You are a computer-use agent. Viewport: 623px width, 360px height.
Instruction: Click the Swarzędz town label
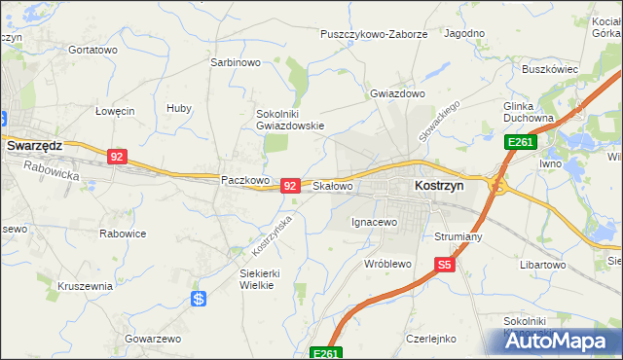[34, 145]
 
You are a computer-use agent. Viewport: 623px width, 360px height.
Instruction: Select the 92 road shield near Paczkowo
[289, 185]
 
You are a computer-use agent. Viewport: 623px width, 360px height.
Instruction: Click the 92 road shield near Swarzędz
[117, 156]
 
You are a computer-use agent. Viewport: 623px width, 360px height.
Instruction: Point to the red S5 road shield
[445, 264]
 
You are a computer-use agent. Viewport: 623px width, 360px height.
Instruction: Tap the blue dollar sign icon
[199, 299]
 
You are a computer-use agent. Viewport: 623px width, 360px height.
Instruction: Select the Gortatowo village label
[93, 49]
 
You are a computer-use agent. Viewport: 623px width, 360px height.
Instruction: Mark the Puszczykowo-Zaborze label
[375, 34]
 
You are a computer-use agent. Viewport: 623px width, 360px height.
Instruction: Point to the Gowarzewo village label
[153, 339]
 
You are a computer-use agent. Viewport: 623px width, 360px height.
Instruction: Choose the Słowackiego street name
[438, 120]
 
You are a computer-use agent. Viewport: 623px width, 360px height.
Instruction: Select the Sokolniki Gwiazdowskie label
[289, 119]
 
